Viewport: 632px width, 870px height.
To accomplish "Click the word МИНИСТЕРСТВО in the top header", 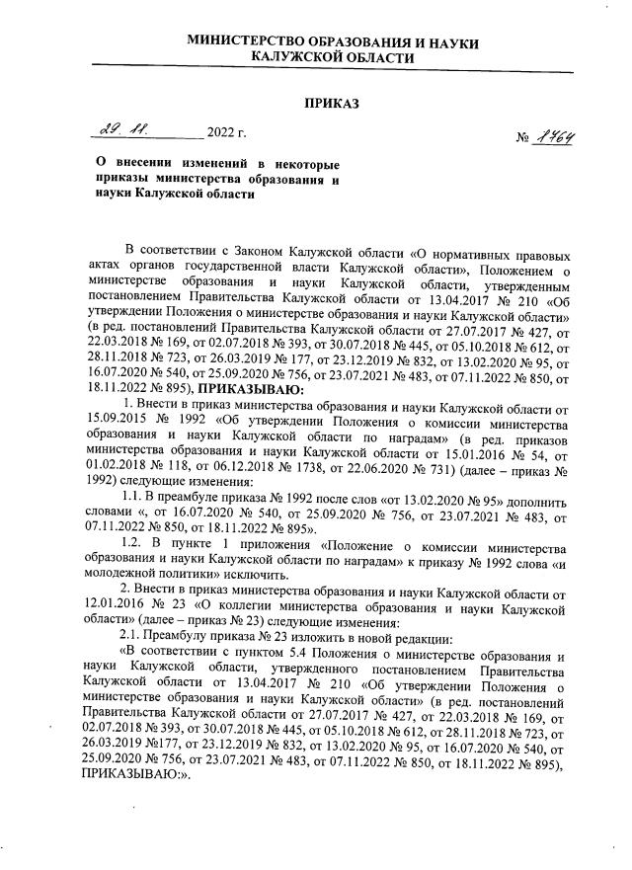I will click(x=256, y=40).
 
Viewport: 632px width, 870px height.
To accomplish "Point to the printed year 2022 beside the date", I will click(x=223, y=132).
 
